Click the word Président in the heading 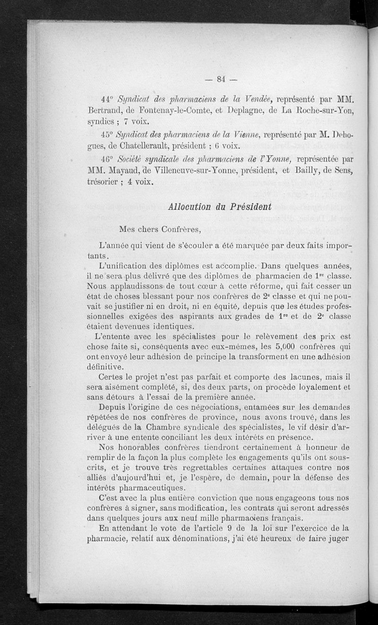[251, 206]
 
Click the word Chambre [150, 426]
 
